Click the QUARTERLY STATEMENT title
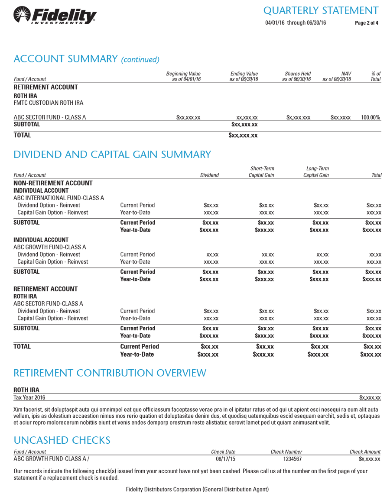point(323,10)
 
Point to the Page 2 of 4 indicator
point(366,23)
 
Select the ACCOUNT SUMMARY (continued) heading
point(87,58)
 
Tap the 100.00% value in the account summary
point(371,117)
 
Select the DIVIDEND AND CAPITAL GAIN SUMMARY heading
point(112,154)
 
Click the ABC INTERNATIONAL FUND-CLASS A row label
point(58,198)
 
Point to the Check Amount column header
point(365,451)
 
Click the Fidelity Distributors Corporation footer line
point(197,489)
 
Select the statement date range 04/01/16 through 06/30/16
point(296,23)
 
